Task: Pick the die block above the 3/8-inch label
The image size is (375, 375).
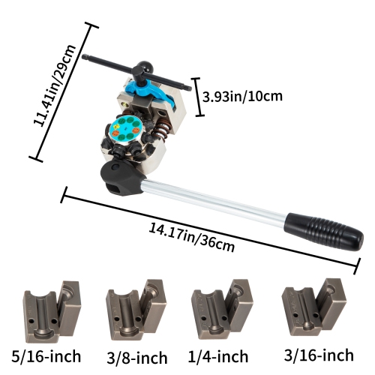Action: point(135,310)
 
